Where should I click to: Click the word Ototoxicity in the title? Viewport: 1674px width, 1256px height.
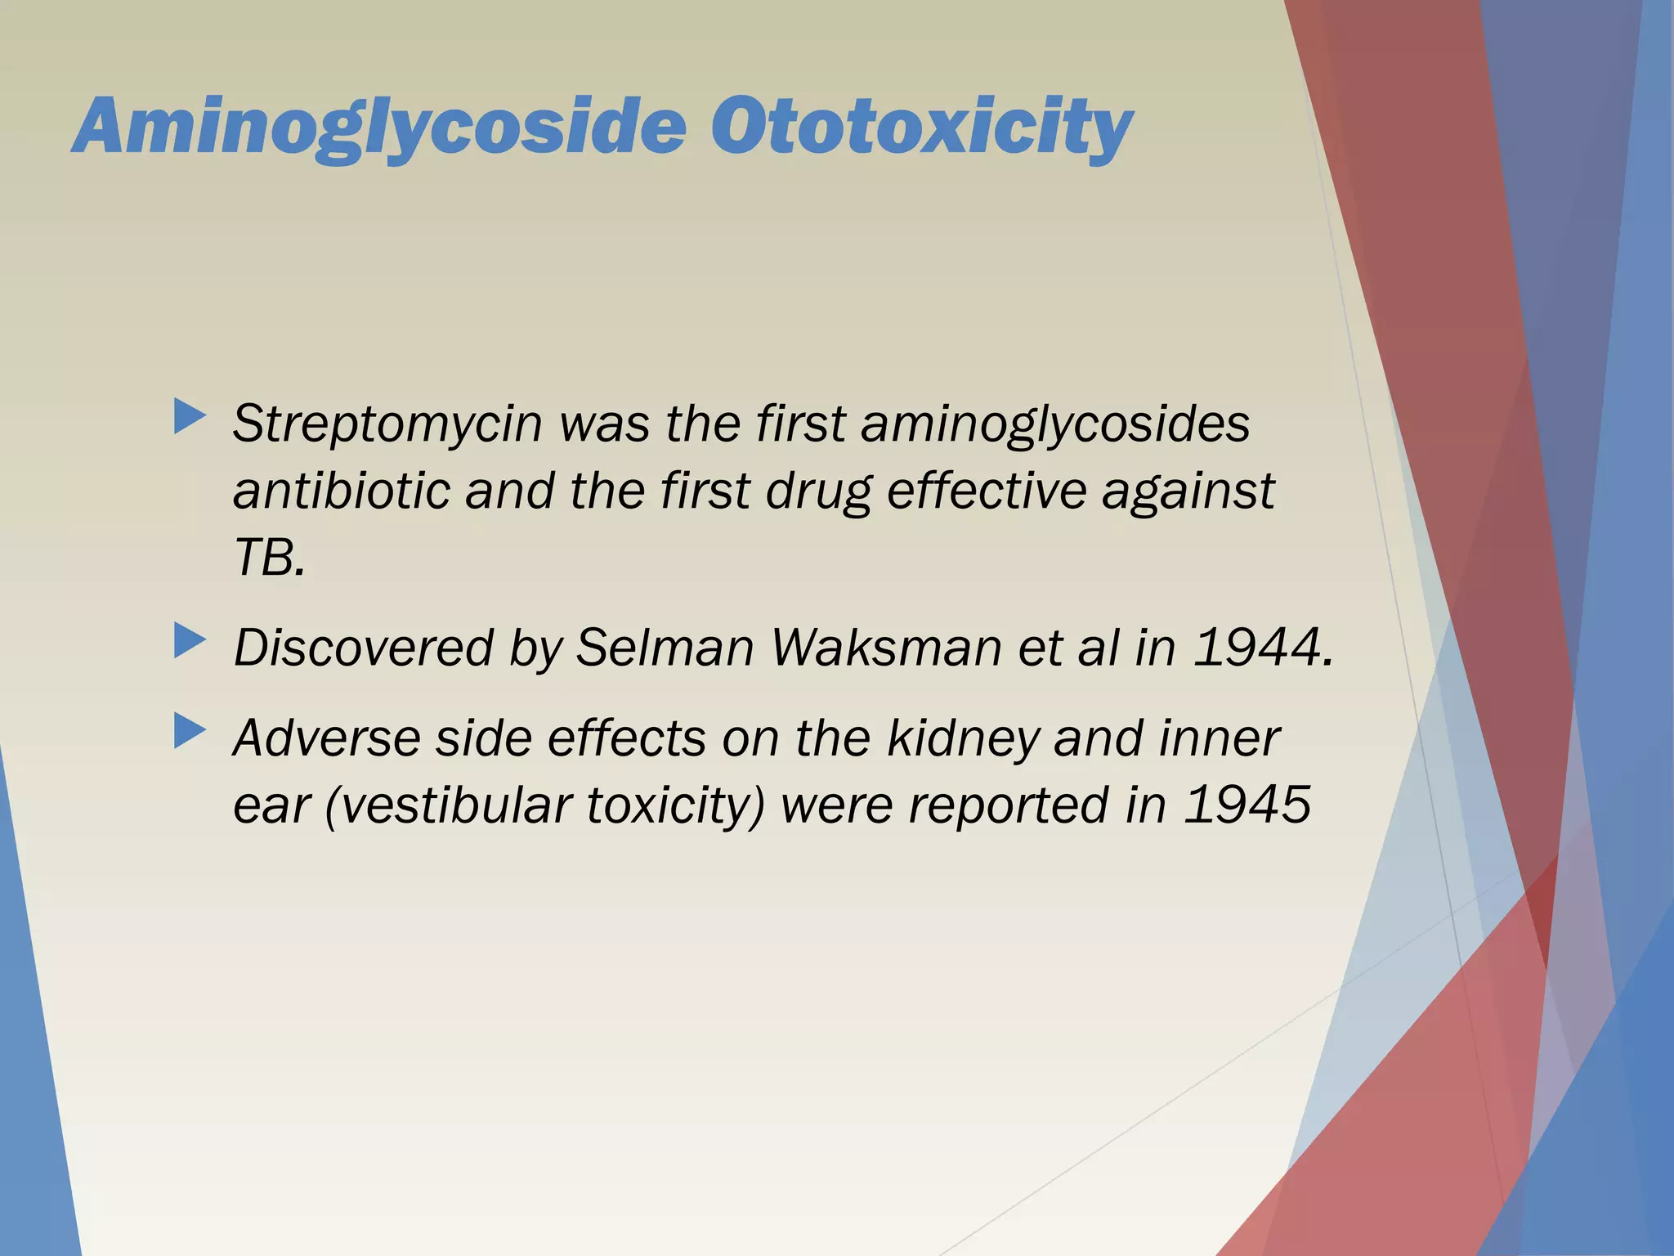point(921,127)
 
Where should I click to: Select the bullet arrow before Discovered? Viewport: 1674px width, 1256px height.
point(190,641)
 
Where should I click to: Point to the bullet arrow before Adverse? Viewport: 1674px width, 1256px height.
point(190,731)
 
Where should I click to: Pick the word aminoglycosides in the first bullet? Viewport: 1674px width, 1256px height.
point(1055,424)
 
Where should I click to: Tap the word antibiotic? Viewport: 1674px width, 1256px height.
point(342,491)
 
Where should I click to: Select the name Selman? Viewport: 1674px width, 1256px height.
point(665,648)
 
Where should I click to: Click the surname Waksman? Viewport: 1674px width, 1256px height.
point(886,648)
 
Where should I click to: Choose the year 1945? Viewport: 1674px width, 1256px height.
point(1247,805)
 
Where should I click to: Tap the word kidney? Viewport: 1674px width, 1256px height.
point(961,738)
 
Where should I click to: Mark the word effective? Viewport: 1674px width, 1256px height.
point(985,491)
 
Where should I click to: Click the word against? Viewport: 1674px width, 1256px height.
point(1188,491)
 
